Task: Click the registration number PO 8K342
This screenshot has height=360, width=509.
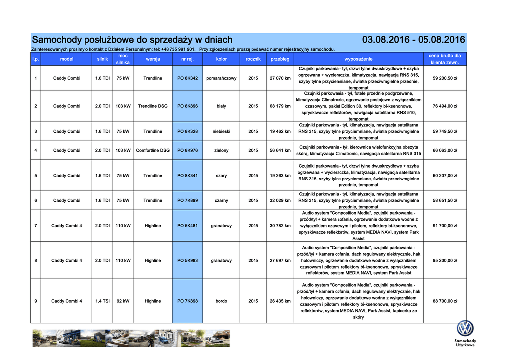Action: coord(187,78)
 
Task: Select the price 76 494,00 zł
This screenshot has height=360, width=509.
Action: coord(445,106)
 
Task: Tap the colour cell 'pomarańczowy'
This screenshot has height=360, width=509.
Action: coord(221,78)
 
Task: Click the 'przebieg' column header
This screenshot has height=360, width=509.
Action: coord(280,59)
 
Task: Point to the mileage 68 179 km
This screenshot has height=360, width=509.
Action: coord(280,106)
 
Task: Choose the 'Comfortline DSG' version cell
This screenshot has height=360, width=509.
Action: coord(153,150)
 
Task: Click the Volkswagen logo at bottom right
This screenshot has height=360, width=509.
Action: coord(465,328)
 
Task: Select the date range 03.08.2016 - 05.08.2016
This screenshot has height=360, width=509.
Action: coord(414,40)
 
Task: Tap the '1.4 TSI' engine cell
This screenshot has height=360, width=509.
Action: coord(102,301)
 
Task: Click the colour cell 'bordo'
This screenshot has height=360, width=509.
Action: coord(221,301)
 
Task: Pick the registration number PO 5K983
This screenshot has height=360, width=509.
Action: coord(187,261)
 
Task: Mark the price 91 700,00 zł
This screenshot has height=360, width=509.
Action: coord(445,226)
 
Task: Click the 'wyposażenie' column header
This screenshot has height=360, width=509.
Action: coord(358,59)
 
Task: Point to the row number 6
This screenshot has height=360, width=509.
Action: coord(36,201)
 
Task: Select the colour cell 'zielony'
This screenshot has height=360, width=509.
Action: coord(221,150)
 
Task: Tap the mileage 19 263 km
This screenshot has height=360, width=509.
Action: coord(280,176)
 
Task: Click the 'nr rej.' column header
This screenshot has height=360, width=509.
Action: coord(187,59)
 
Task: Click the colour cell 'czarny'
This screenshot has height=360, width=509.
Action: coord(221,201)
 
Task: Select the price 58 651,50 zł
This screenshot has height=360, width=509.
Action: coord(445,201)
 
